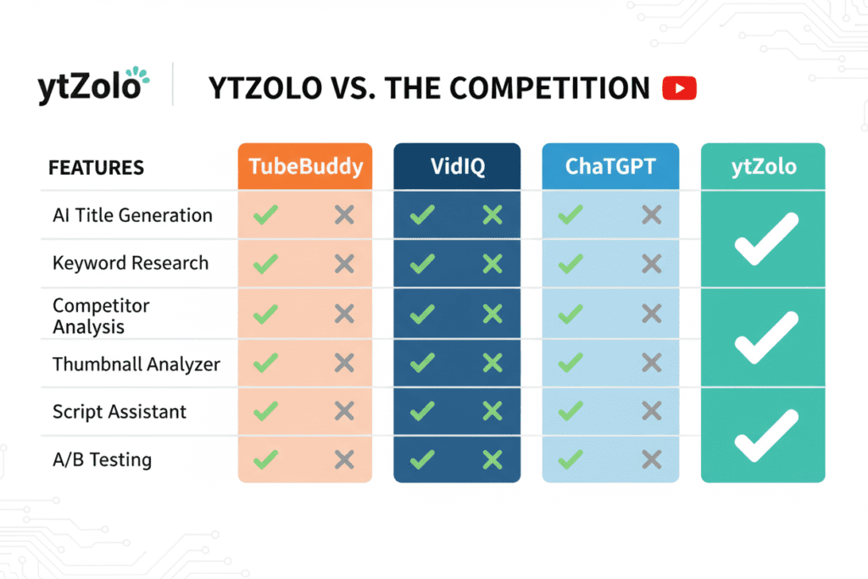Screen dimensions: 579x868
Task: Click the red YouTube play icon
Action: (679, 88)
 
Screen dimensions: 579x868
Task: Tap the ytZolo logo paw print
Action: (140, 79)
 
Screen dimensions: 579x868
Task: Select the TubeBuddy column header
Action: (305, 166)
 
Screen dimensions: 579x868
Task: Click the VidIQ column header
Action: (457, 166)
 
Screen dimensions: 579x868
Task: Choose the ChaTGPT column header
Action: (610, 166)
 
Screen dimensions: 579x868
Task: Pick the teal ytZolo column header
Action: (763, 166)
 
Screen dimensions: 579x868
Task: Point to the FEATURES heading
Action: (96, 167)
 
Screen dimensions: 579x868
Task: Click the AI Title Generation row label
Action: (132, 215)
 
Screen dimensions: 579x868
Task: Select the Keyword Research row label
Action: (130, 263)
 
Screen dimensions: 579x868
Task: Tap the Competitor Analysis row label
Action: (89, 315)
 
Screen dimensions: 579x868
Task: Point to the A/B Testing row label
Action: (102, 460)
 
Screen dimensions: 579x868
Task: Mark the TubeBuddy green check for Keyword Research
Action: (265, 264)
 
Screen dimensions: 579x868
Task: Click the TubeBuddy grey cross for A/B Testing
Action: (344, 460)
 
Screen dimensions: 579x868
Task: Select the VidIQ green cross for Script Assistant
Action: (492, 412)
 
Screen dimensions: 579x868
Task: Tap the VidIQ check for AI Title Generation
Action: (421, 215)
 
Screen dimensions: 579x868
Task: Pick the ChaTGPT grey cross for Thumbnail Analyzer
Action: (651, 364)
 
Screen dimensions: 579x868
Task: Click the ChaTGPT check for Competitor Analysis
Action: (570, 315)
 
